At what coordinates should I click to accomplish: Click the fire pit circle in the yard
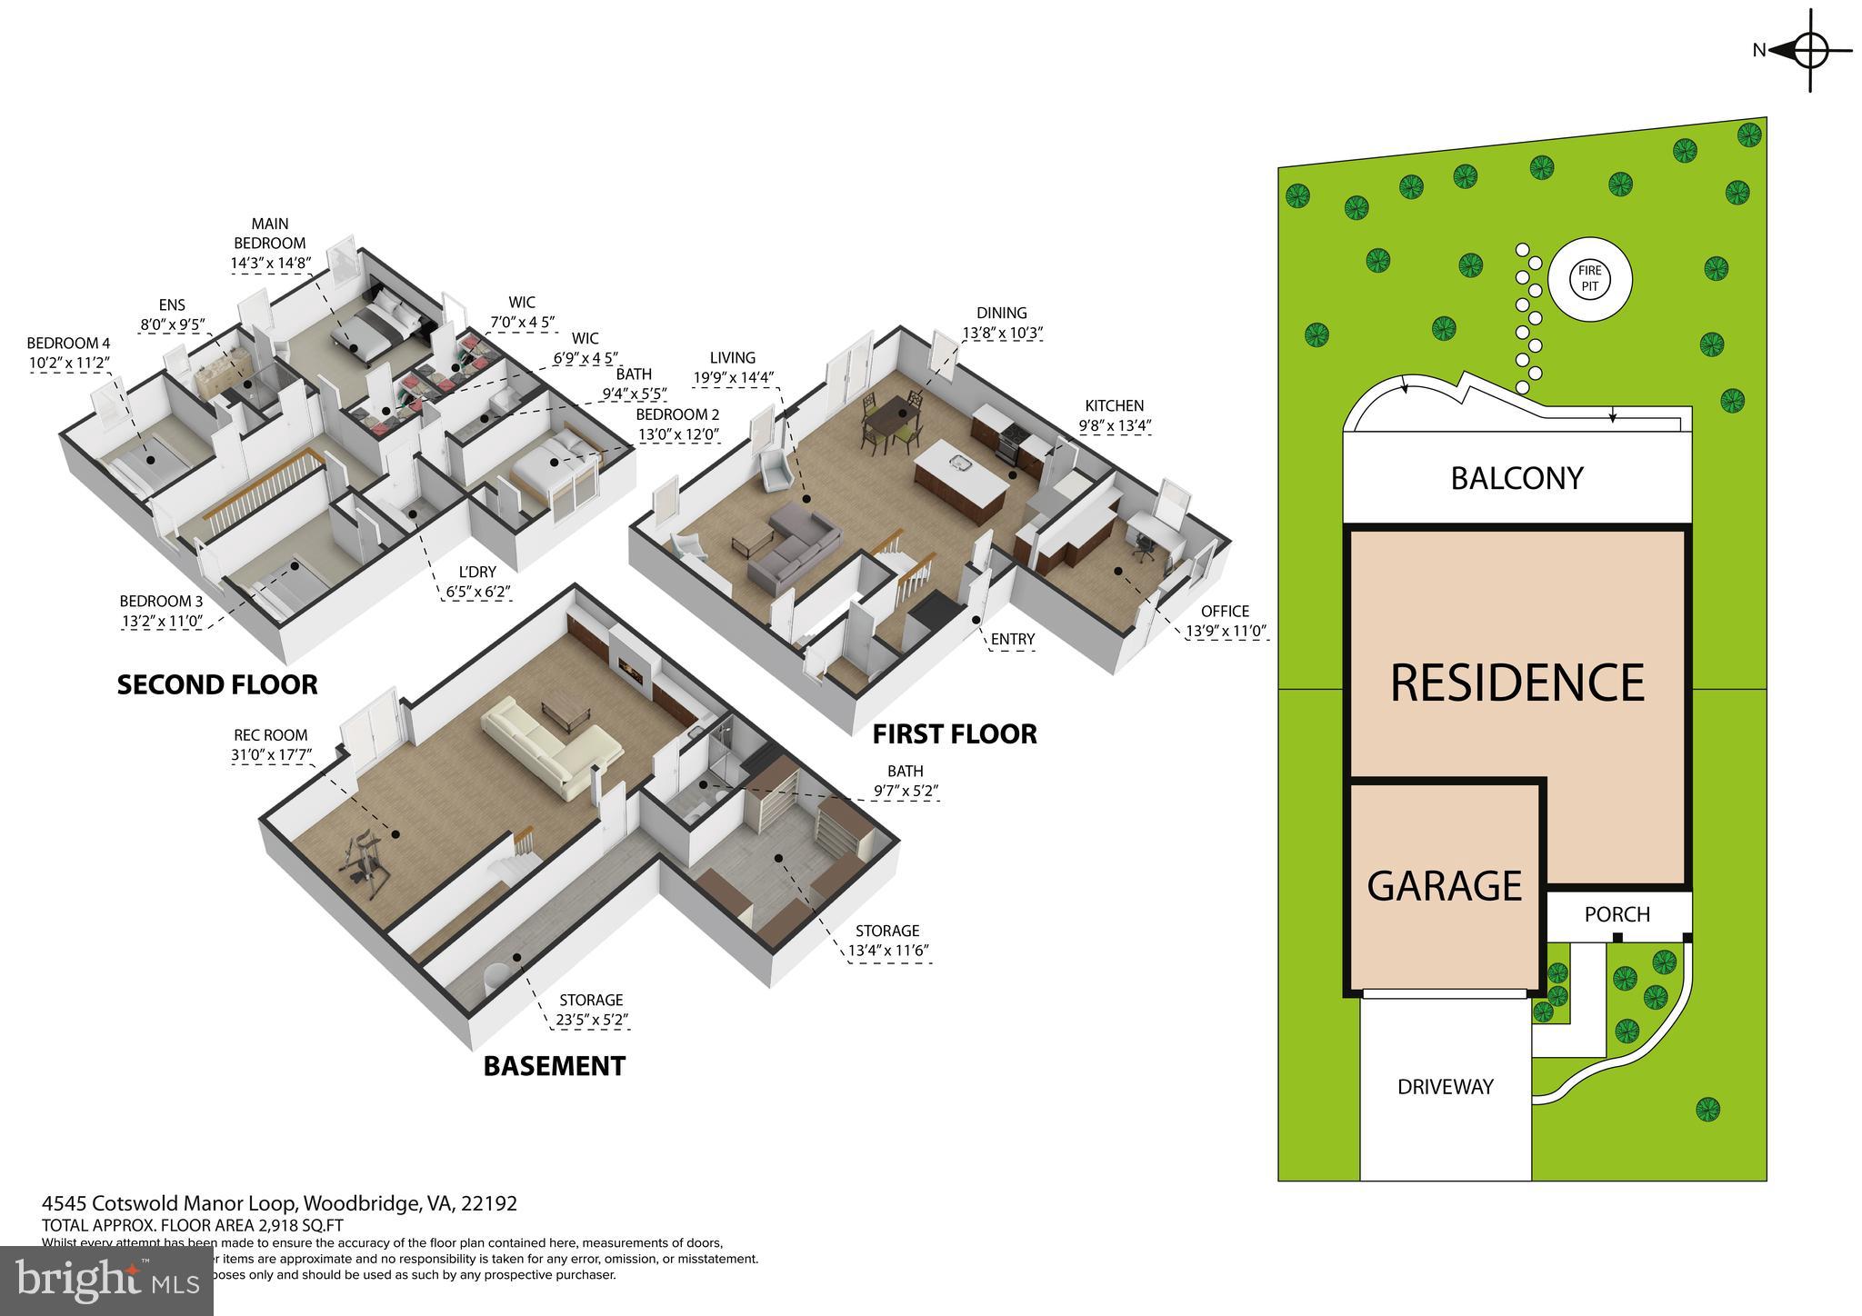pos(1589,279)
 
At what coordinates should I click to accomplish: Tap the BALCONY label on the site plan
pos(1517,478)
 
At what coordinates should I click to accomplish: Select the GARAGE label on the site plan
pos(1444,885)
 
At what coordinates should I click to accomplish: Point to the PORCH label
pos(1617,914)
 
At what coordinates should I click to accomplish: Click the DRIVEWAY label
pos(1445,1086)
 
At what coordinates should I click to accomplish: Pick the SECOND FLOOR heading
pos(217,684)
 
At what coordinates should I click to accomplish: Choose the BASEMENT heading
pos(554,1065)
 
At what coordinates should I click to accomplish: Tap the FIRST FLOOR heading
pos(954,733)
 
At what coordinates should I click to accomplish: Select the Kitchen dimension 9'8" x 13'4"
pos(1114,425)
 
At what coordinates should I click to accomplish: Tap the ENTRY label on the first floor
pos(1012,639)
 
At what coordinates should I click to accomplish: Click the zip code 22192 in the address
pos(489,1203)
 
